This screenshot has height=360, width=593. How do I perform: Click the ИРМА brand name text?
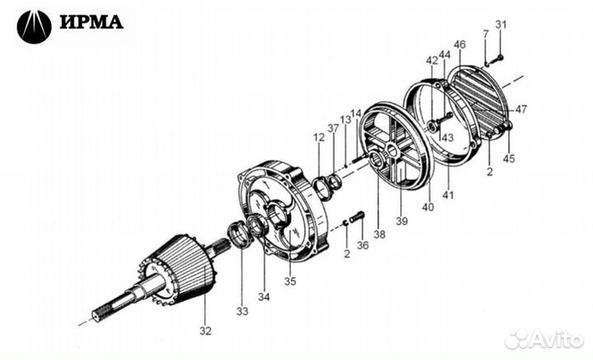[91, 22]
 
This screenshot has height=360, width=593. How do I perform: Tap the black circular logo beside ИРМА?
[34, 26]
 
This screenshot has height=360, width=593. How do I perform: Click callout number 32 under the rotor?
[205, 331]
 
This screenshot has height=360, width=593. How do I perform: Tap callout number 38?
[379, 235]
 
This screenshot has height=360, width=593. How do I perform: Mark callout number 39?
[402, 222]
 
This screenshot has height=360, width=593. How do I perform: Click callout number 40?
[428, 208]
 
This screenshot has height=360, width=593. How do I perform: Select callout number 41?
[450, 194]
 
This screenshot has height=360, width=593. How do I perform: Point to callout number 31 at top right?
[501, 23]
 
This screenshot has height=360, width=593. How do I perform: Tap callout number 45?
[510, 159]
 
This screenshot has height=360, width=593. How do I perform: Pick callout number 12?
[319, 138]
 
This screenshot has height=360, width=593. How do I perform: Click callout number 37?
[332, 129]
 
